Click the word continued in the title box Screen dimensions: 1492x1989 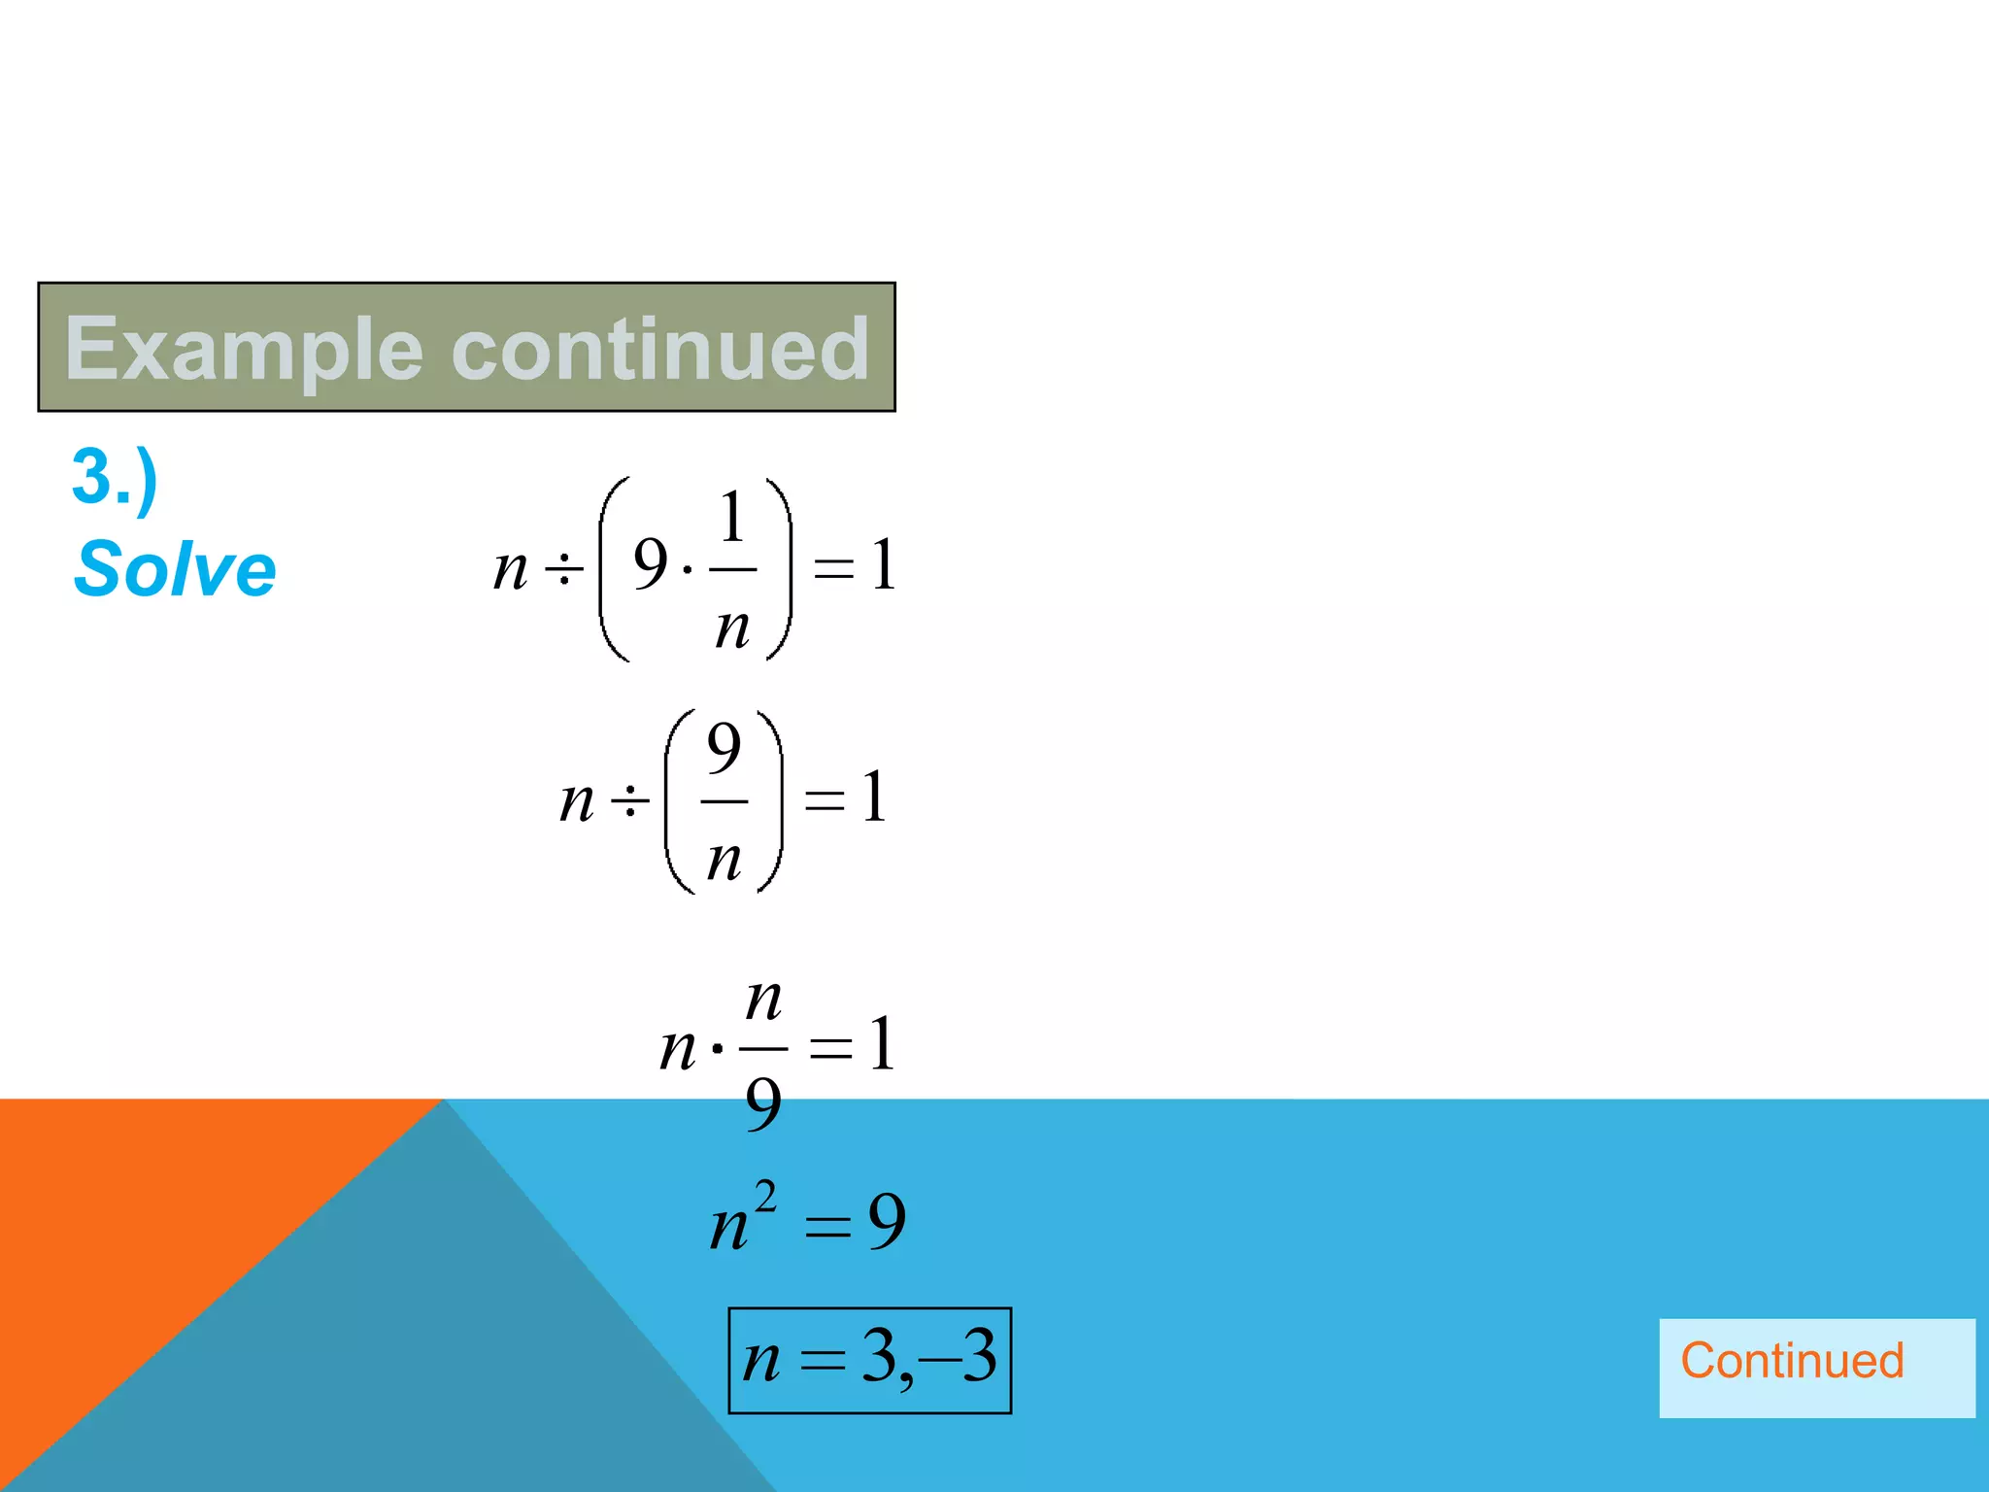[x=660, y=349]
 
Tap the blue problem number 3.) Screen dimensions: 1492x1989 [x=115, y=478]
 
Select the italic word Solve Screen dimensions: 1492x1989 [x=176, y=569]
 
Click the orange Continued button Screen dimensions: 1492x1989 [x=1791, y=1361]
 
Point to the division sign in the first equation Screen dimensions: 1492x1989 [x=564, y=568]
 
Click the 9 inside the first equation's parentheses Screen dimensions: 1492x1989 [x=651, y=564]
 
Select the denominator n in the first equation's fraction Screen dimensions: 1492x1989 [x=733, y=627]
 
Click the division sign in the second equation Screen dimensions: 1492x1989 [x=629, y=801]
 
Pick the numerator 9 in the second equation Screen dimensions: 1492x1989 [x=725, y=749]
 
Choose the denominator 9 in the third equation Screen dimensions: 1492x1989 [x=763, y=1104]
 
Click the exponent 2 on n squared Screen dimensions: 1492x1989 [x=766, y=1196]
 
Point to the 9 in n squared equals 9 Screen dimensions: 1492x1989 [x=887, y=1221]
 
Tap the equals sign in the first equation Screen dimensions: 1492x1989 [x=833, y=568]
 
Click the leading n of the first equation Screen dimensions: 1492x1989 [x=511, y=568]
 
